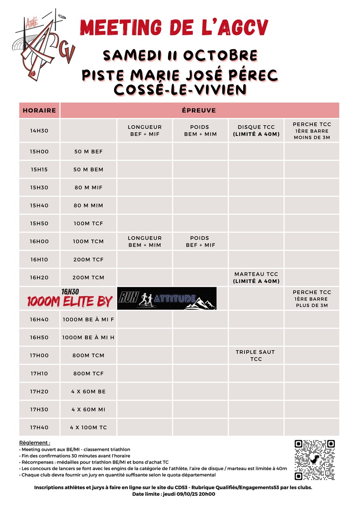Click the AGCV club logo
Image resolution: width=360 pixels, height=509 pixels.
[x=44, y=47]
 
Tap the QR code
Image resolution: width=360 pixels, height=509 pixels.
[x=315, y=460]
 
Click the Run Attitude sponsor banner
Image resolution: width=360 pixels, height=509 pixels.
[x=167, y=299]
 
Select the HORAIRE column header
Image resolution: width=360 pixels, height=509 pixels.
[x=39, y=110]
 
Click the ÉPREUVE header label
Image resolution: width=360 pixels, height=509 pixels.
[x=199, y=110]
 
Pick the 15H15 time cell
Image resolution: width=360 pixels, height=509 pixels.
[x=39, y=170]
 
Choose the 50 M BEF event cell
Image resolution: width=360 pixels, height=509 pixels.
[x=88, y=151]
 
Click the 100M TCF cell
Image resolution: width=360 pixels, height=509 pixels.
[x=88, y=224]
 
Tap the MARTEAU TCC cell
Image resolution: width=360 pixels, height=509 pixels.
[x=256, y=277]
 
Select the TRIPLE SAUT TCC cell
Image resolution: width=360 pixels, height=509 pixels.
[x=256, y=355]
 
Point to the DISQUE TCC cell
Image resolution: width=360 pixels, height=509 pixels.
[x=256, y=131]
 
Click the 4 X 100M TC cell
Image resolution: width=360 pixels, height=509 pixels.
[x=88, y=428]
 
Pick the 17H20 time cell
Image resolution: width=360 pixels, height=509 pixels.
[x=39, y=392]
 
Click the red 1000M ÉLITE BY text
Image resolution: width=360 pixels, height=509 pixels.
[x=70, y=301]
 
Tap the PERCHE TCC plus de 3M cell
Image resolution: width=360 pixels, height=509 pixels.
[x=312, y=299]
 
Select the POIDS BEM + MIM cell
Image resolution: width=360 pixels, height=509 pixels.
[x=200, y=131]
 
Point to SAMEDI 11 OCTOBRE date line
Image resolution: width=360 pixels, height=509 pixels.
[x=180, y=55]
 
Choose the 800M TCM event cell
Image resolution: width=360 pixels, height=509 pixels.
[x=88, y=355]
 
